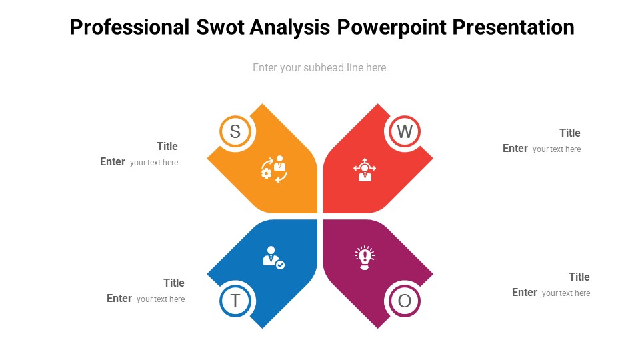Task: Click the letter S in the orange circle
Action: [235, 131]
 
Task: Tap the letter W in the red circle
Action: [405, 131]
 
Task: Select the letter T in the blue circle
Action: [235, 301]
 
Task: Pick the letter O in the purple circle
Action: [405, 301]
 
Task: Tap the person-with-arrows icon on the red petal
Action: [364, 169]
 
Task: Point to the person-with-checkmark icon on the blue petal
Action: [273, 257]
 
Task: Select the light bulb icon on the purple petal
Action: [365, 257]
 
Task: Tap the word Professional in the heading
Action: [129, 27]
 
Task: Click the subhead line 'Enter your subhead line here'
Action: [319, 67]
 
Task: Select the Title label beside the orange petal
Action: [167, 146]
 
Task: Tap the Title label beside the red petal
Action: [570, 133]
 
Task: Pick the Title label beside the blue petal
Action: [174, 283]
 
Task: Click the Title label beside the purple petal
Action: [579, 277]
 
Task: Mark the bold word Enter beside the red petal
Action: [515, 148]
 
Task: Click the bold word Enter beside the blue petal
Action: [119, 298]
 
